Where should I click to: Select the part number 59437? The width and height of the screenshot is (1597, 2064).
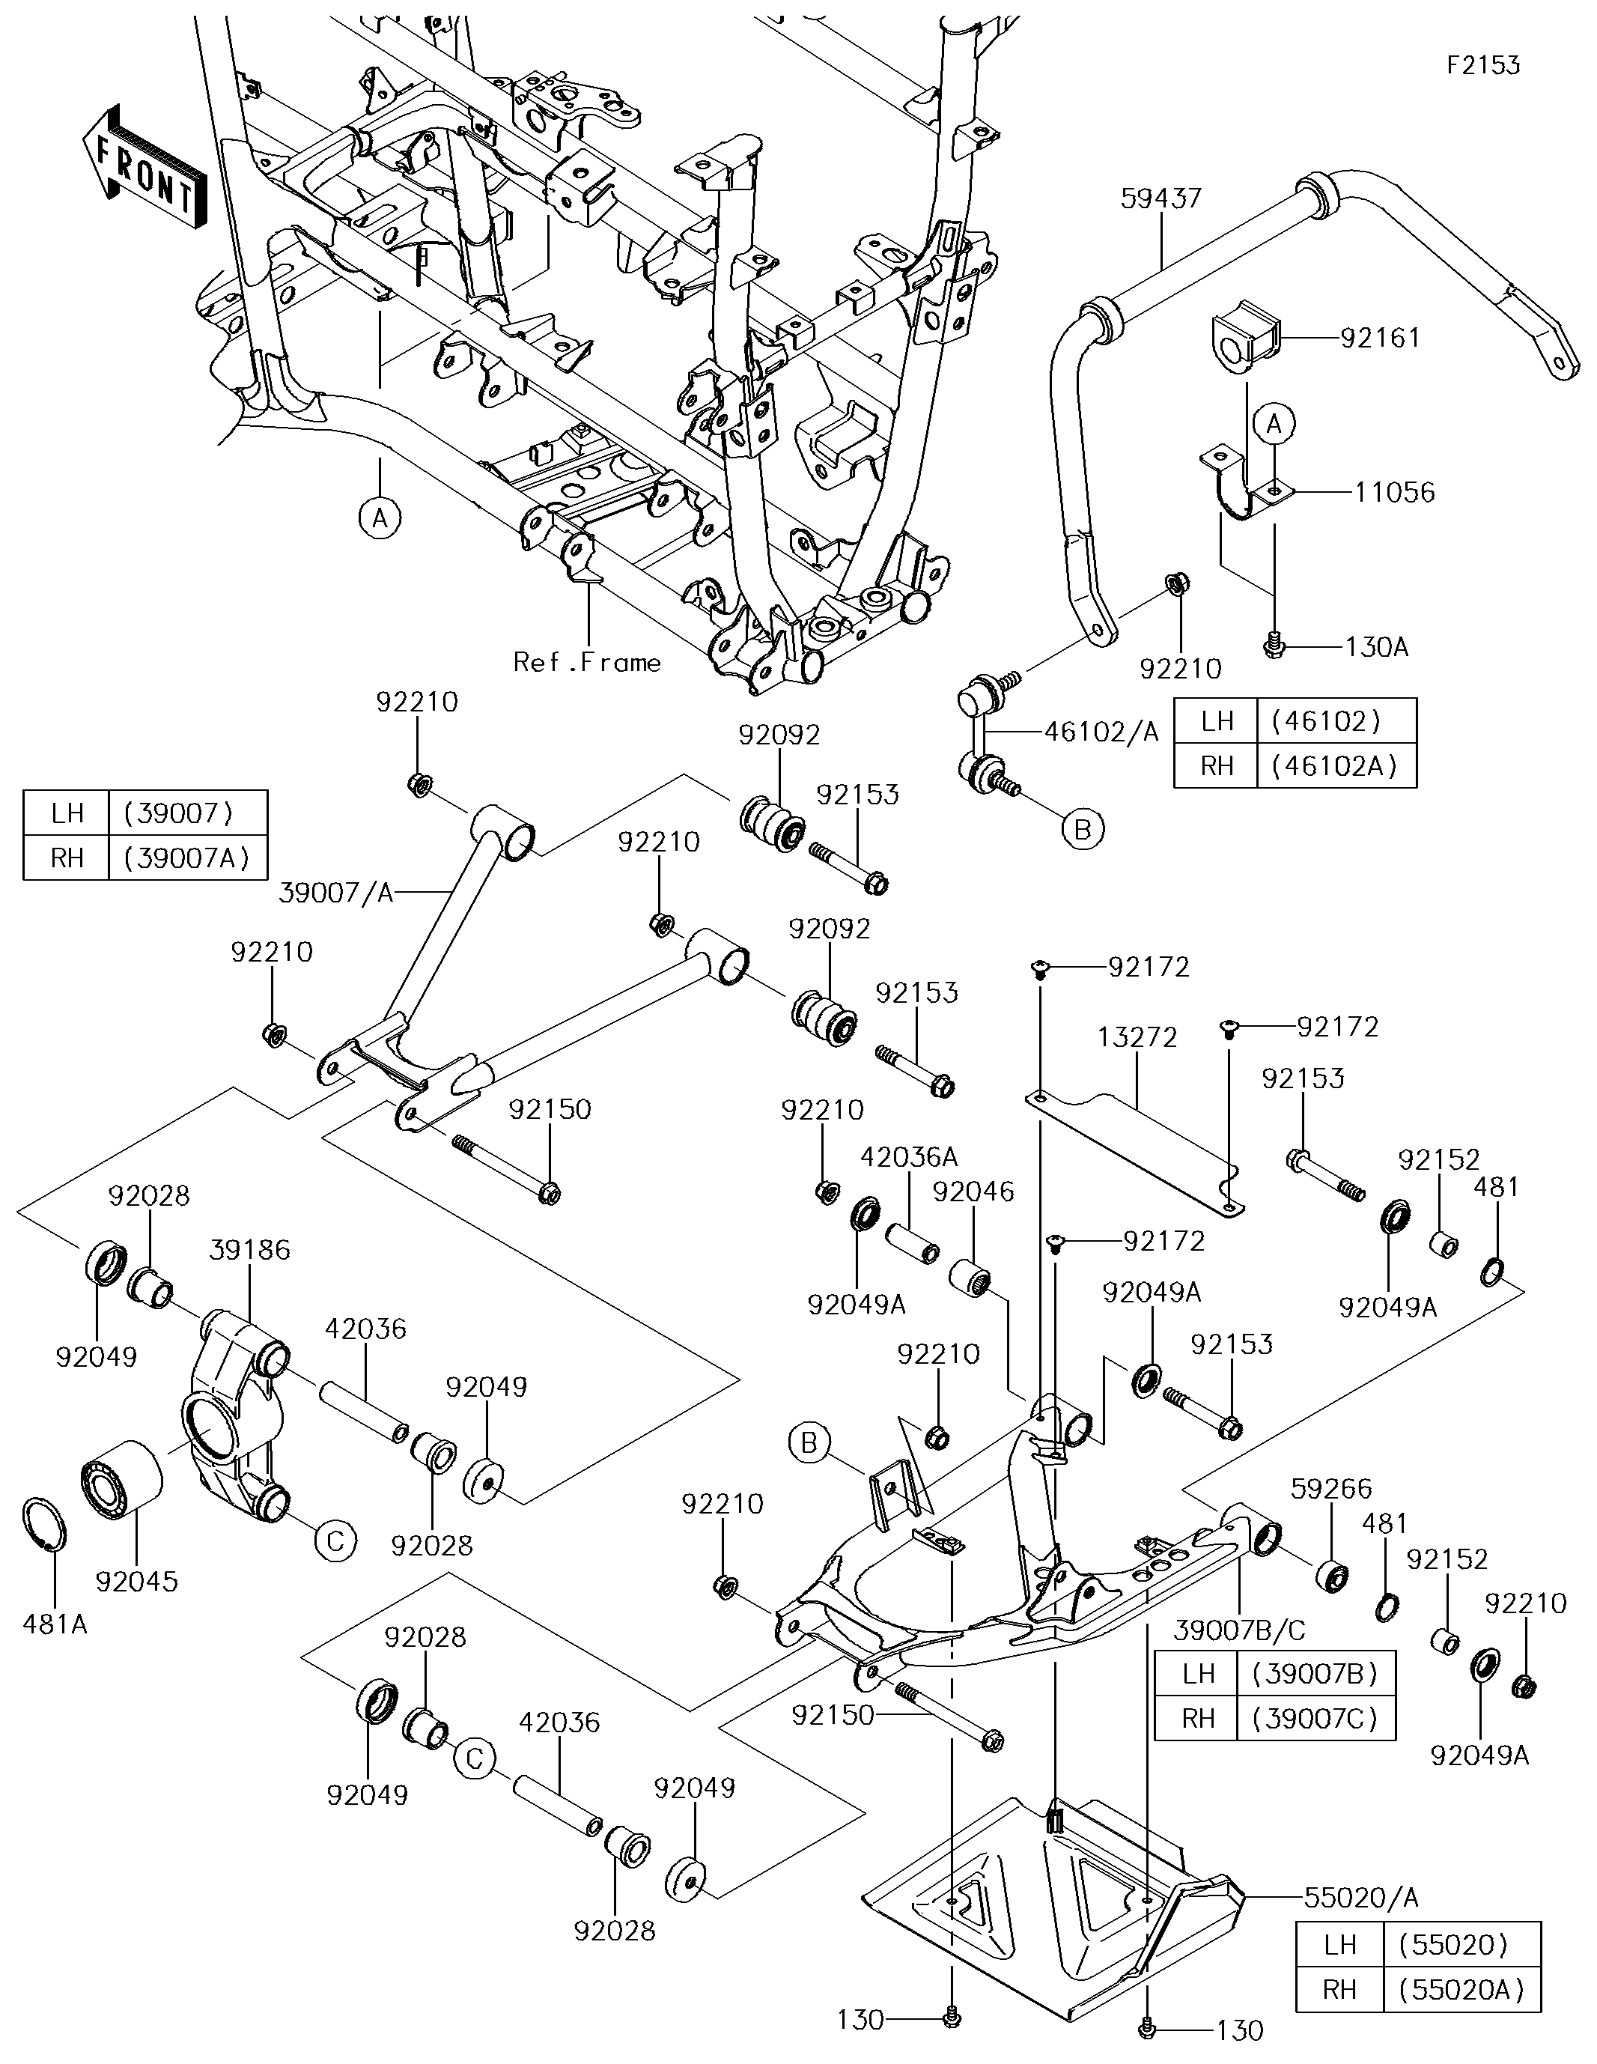click(x=1161, y=198)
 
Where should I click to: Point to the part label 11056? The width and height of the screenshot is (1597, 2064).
click(x=1394, y=491)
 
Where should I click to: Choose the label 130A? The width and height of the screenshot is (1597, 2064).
click(x=1376, y=646)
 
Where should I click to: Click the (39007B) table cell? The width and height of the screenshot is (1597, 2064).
click(x=1315, y=1673)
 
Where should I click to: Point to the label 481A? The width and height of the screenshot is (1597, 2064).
click(x=55, y=1624)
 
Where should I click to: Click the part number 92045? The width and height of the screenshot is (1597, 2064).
click(x=136, y=1581)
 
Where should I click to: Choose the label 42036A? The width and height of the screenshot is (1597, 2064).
click(x=908, y=1157)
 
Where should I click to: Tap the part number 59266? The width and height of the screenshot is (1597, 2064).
click(x=1330, y=1489)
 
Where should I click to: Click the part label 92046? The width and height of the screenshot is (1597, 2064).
click(x=973, y=1192)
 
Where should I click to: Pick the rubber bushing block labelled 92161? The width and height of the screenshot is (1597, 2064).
click(x=1244, y=337)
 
